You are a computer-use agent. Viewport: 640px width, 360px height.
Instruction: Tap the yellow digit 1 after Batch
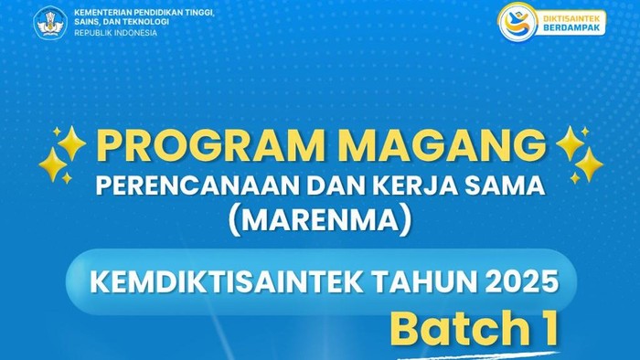pyautogui.click(x=546, y=329)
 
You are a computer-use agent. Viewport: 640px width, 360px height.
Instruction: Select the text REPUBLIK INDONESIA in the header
pyautogui.click(x=115, y=33)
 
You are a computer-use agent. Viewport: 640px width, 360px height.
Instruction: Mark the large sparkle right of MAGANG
pyautogui.click(x=588, y=164)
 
